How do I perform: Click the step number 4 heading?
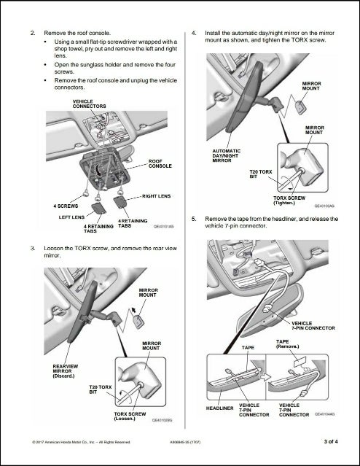click(194, 34)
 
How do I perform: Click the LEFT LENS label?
click(71, 217)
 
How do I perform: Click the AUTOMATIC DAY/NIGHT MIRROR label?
click(223, 154)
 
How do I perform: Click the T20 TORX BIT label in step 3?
click(98, 389)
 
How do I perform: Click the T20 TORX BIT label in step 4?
click(261, 174)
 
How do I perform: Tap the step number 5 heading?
click(194, 219)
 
